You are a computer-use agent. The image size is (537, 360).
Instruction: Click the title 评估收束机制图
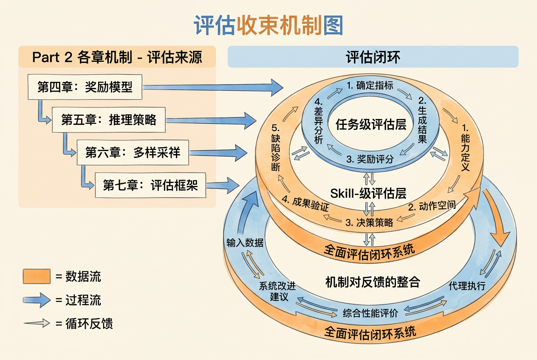268,25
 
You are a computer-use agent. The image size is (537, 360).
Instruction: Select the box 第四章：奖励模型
85,87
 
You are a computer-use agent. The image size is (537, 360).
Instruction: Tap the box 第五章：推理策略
109,120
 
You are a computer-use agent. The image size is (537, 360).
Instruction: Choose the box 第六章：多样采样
133,152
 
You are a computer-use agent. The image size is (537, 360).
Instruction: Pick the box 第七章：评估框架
150,185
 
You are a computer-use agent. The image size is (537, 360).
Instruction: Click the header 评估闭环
373,57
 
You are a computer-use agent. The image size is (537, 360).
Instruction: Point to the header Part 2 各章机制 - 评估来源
117,57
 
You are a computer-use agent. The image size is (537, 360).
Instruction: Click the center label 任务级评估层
371,124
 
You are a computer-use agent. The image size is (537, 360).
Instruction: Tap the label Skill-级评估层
368,193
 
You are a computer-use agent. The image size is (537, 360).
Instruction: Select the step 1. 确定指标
370,85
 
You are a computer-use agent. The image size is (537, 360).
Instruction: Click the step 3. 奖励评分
370,159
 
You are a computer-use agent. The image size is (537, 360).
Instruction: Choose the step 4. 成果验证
305,204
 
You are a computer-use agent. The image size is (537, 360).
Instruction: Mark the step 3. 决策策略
369,222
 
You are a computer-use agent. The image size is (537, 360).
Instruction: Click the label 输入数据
245,243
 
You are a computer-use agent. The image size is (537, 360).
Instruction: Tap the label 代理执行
467,286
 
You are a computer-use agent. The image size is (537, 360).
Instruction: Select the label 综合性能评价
370,313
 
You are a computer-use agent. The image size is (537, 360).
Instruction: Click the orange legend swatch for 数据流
37,276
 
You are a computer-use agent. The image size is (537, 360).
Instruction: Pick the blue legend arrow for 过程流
37,300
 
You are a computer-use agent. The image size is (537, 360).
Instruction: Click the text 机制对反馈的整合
373,282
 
